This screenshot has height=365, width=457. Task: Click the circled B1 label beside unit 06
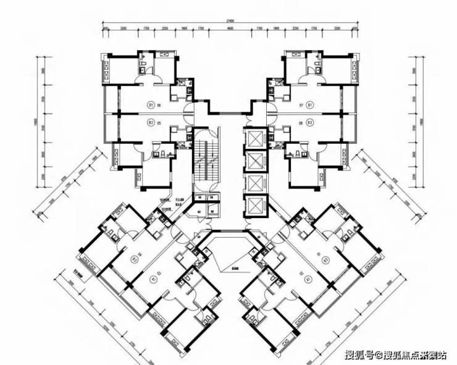click(151, 106)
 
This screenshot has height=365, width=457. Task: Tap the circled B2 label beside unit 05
click(151, 122)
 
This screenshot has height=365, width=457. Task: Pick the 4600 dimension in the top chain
click(229, 29)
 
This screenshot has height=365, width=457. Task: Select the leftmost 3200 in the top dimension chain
click(123, 29)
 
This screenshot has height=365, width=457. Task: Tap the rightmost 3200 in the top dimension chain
click(337, 29)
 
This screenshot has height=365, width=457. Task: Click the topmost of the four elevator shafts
click(254, 139)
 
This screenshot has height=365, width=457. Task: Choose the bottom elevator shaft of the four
click(254, 206)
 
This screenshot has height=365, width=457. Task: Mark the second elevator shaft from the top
click(254, 161)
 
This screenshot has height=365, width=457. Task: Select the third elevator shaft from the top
click(254, 183)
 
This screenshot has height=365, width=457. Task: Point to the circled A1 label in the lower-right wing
click(307, 279)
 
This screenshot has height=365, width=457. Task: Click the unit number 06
click(160, 106)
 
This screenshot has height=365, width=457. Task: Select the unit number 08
click(301, 122)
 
